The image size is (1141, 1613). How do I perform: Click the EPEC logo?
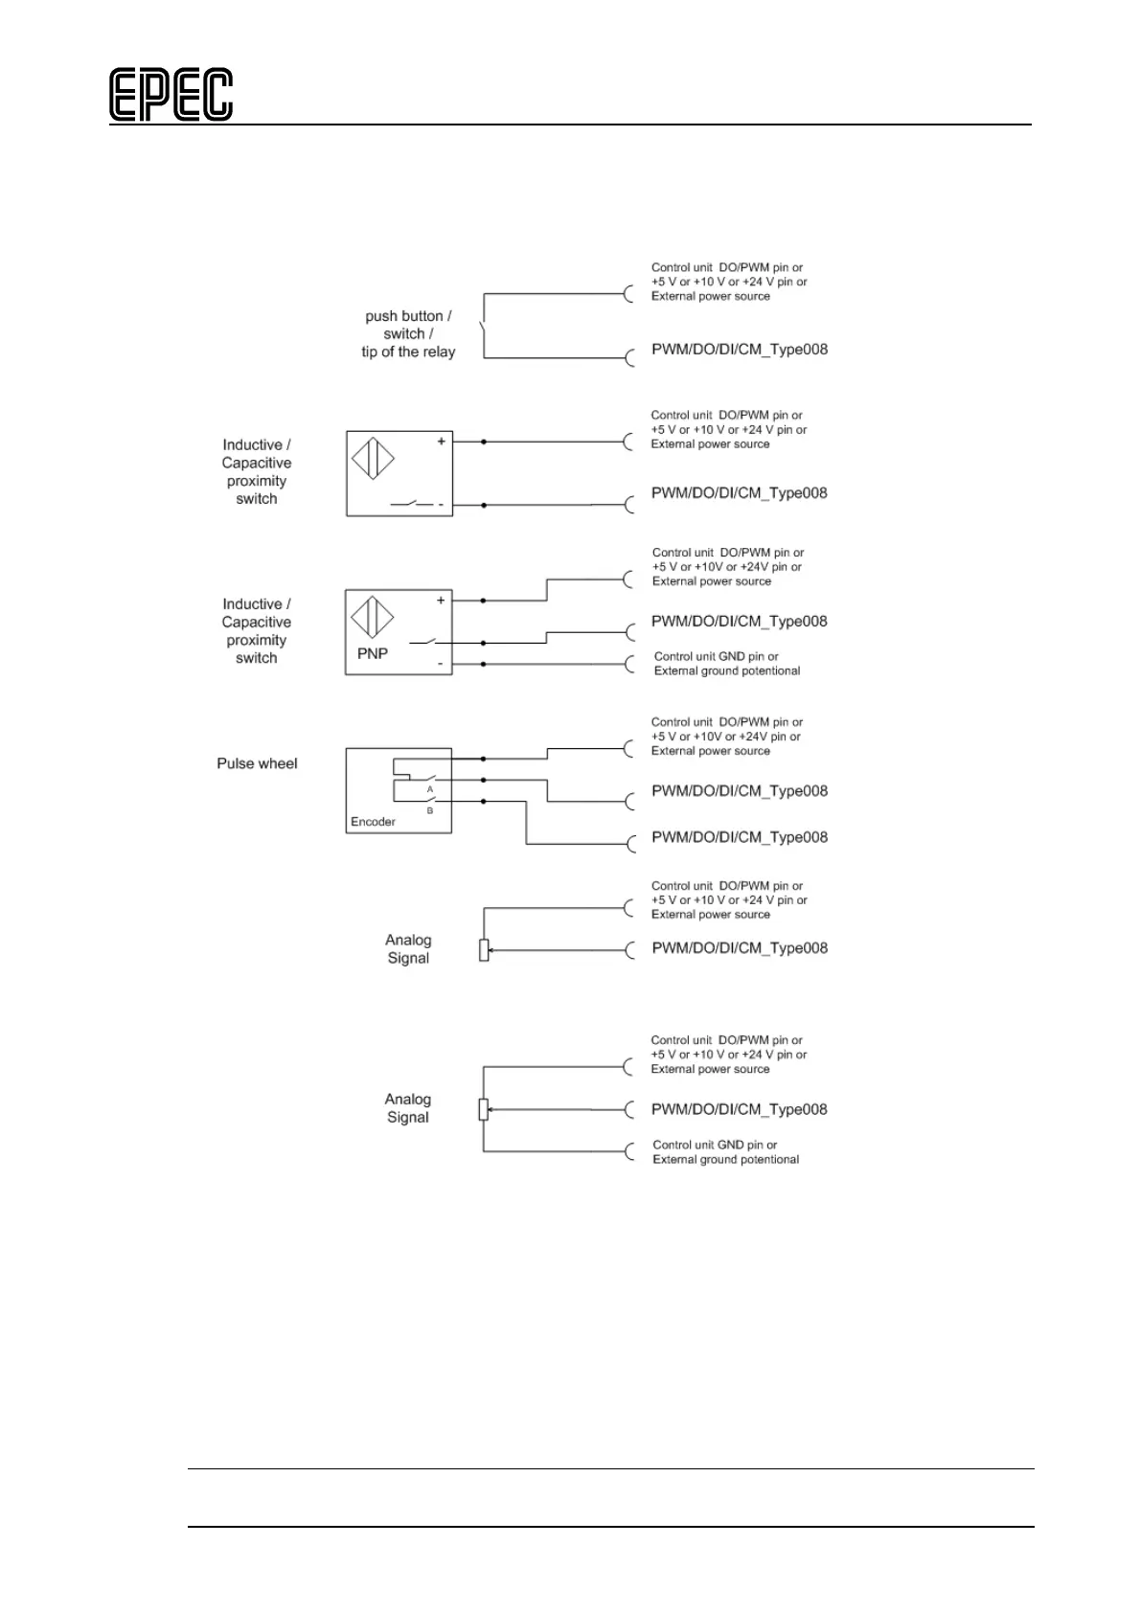(x=171, y=95)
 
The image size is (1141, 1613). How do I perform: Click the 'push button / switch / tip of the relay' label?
(x=407, y=334)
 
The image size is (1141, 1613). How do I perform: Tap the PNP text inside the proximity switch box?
(x=372, y=654)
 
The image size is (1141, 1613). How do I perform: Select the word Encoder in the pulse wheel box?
(x=373, y=822)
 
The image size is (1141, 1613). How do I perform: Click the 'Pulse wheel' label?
(x=257, y=763)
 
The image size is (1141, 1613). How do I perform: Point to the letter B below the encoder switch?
(x=430, y=811)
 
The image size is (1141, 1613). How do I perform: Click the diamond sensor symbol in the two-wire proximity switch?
(x=373, y=458)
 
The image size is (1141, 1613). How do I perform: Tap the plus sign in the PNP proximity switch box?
(x=441, y=601)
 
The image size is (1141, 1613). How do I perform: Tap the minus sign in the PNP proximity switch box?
(x=441, y=663)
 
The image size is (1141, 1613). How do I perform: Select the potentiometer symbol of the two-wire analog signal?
(x=484, y=950)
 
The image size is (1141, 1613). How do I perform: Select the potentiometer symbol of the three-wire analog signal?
(x=484, y=1110)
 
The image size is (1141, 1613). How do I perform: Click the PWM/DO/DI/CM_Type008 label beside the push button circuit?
(x=739, y=350)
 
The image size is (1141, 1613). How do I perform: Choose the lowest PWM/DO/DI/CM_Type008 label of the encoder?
(x=739, y=837)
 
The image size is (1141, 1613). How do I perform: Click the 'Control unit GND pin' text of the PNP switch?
(x=716, y=657)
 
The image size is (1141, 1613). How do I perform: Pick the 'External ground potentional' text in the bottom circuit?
(x=725, y=1160)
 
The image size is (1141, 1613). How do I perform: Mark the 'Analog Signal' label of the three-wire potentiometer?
(x=407, y=1108)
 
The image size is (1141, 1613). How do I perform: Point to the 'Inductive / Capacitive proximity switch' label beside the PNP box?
(x=256, y=631)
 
